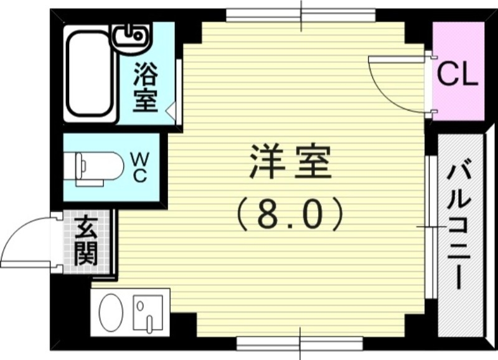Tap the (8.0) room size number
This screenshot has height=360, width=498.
pyautogui.click(x=290, y=213)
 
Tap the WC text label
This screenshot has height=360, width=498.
pyautogui.click(x=139, y=167)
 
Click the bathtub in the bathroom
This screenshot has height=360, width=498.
pyautogui.click(x=90, y=73)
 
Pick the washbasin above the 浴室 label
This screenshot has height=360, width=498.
pyautogui.click(x=131, y=37)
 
